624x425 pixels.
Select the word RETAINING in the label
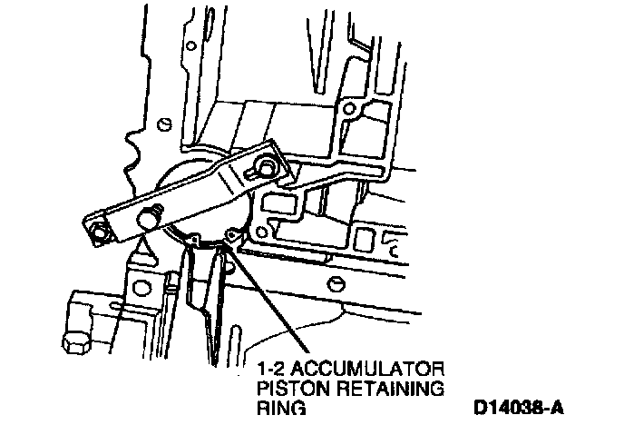point(388,390)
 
